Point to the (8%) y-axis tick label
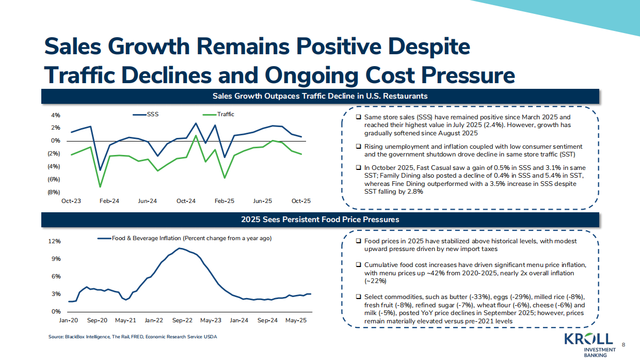click(x=54, y=192)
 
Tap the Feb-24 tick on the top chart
click(x=109, y=201)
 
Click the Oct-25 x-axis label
click(x=301, y=201)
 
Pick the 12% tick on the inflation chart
click(x=55, y=241)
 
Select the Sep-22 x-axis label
click(x=182, y=320)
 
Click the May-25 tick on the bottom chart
click(x=296, y=320)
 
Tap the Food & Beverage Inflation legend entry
click(x=185, y=238)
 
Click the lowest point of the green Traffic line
click(x=100, y=186)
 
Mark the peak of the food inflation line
click(x=179, y=248)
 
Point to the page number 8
click(x=623, y=345)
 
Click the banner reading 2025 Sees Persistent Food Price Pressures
click(x=320, y=220)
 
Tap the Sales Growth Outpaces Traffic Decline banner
click(x=320, y=96)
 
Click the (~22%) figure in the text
click(x=375, y=281)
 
